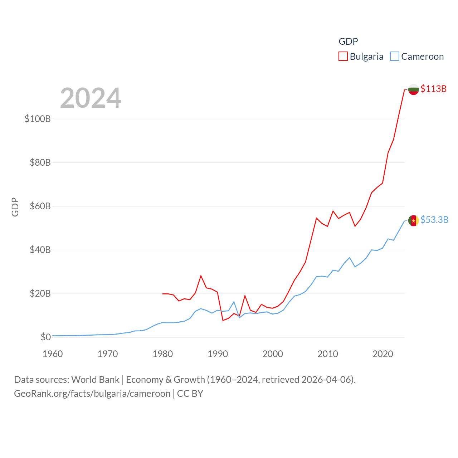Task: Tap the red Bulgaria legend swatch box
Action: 343,56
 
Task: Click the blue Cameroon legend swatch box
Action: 394,56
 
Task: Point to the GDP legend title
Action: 348,42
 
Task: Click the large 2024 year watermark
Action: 91,98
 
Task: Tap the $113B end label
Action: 433,89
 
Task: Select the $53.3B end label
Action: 434,220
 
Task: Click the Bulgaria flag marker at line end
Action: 414,89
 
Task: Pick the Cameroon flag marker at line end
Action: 414,221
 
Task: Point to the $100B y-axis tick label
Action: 38,119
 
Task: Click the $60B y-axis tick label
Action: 40,206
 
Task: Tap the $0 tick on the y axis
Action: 45,337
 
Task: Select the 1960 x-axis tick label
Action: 53,354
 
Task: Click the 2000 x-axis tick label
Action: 273,354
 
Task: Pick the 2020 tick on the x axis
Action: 383,354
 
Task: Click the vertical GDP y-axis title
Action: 15,207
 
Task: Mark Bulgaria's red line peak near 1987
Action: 201,276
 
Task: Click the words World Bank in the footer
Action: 95,379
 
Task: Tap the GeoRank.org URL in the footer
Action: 92,394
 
